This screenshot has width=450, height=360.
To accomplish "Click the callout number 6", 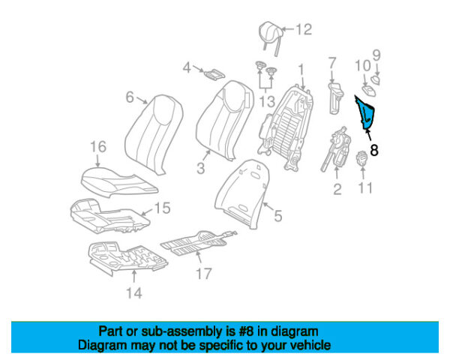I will coord(130,97).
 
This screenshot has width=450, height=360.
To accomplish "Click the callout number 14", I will coord(133,293).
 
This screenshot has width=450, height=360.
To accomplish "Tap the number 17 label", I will coord(204,274).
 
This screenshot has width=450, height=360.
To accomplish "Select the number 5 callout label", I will coord(277,217).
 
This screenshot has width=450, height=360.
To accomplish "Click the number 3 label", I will coord(201,168).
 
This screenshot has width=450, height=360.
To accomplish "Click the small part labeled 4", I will coord(214,73).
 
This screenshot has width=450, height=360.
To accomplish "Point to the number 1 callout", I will coord(301,70).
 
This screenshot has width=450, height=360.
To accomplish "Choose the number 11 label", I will coord(364,187).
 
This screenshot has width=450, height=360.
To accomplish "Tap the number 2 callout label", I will coord(337,190).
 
